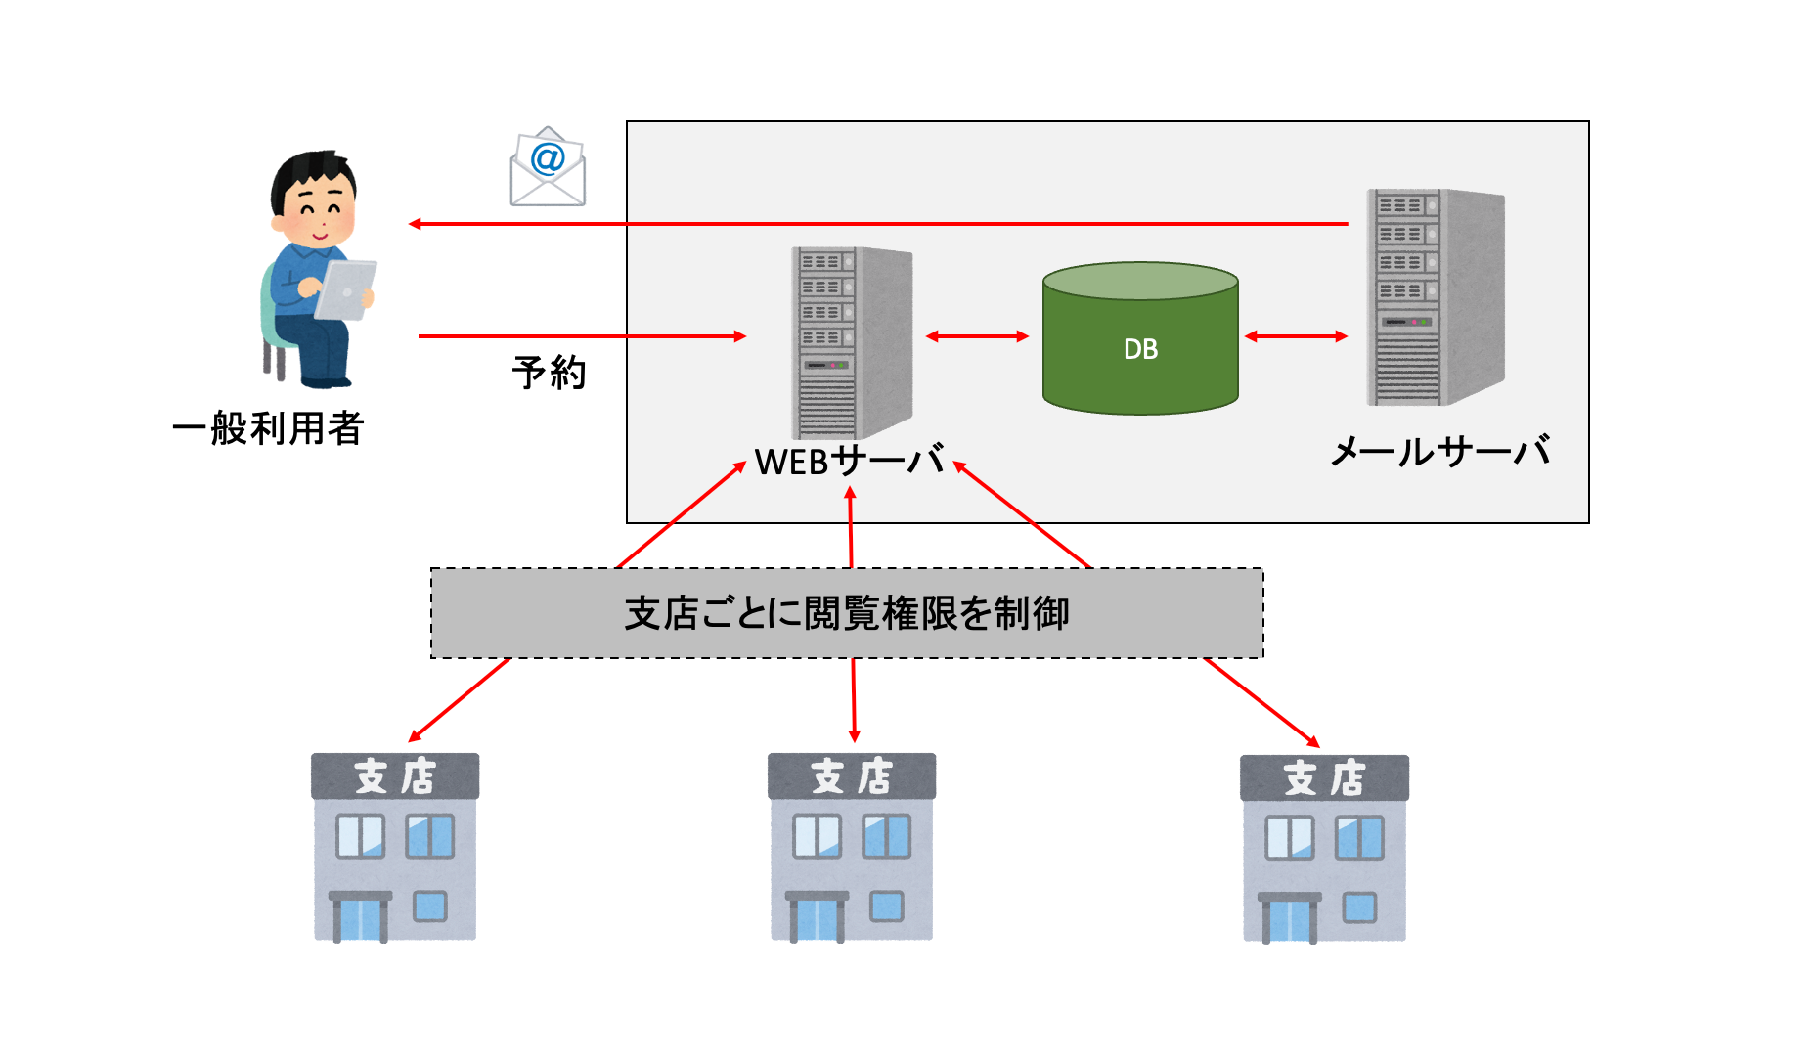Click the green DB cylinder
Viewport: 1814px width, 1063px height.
pyautogui.click(x=1140, y=342)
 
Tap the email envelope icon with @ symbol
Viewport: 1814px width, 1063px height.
pyautogui.click(x=548, y=167)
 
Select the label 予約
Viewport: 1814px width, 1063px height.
pyautogui.click(x=549, y=373)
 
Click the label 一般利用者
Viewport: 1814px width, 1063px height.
pyautogui.click(x=268, y=428)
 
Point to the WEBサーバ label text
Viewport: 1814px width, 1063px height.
pyautogui.click(x=849, y=461)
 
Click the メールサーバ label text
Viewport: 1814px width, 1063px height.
pyautogui.click(x=1440, y=451)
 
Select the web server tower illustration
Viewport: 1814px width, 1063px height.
pyautogui.click(x=850, y=342)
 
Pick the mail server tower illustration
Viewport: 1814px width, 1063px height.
pyautogui.click(x=1434, y=297)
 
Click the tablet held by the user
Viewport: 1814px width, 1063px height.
pyautogui.click(x=344, y=290)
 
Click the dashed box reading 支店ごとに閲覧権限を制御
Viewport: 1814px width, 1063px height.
pyautogui.click(x=847, y=613)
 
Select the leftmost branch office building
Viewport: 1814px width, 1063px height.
pyautogui.click(x=395, y=847)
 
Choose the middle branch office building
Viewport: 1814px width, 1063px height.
pyautogui.click(x=852, y=847)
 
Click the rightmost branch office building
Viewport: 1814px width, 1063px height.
pyautogui.click(x=1324, y=848)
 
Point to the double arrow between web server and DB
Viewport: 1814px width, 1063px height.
pyautogui.click(x=977, y=336)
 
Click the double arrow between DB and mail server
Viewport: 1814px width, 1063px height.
pyautogui.click(x=1296, y=336)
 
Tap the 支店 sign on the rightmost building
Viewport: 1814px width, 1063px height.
pyautogui.click(x=1324, y=778)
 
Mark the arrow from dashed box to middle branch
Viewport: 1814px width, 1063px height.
pyautogui.click(x=854, y=699)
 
